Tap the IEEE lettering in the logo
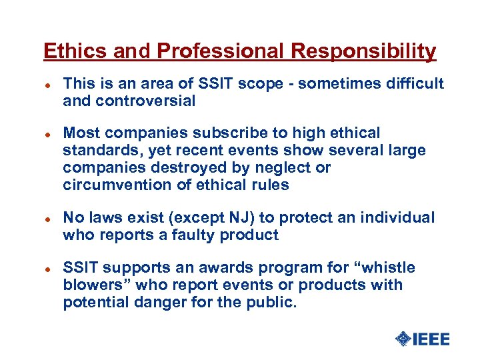[432, 339]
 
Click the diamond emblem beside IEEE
[403, 339]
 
